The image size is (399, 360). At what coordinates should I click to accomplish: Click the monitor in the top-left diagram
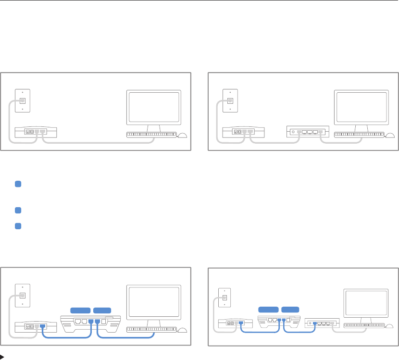click(x=153, y=107)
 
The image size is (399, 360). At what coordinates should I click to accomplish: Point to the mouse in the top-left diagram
click(x=183, y=135)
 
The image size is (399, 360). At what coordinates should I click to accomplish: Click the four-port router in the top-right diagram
click(x=306, y=131)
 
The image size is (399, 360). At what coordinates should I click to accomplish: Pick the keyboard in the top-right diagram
click(x=359, y=135)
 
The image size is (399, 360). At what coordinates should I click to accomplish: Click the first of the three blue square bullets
click(x=17, y=184)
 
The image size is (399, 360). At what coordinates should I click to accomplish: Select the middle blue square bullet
click(x=17, y=210)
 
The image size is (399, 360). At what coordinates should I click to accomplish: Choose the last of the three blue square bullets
click(x=17, y=226)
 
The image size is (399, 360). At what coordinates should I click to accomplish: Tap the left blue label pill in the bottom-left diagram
click(x=80, y=310)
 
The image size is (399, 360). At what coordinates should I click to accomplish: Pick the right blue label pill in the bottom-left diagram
click(x=102, y=310)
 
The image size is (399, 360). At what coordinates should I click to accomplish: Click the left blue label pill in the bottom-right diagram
click(x=268, y=308)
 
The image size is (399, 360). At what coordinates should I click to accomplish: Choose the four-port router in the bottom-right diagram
click(x=322, y=323)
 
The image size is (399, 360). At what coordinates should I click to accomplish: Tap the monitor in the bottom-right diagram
click(x=366, y=304)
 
